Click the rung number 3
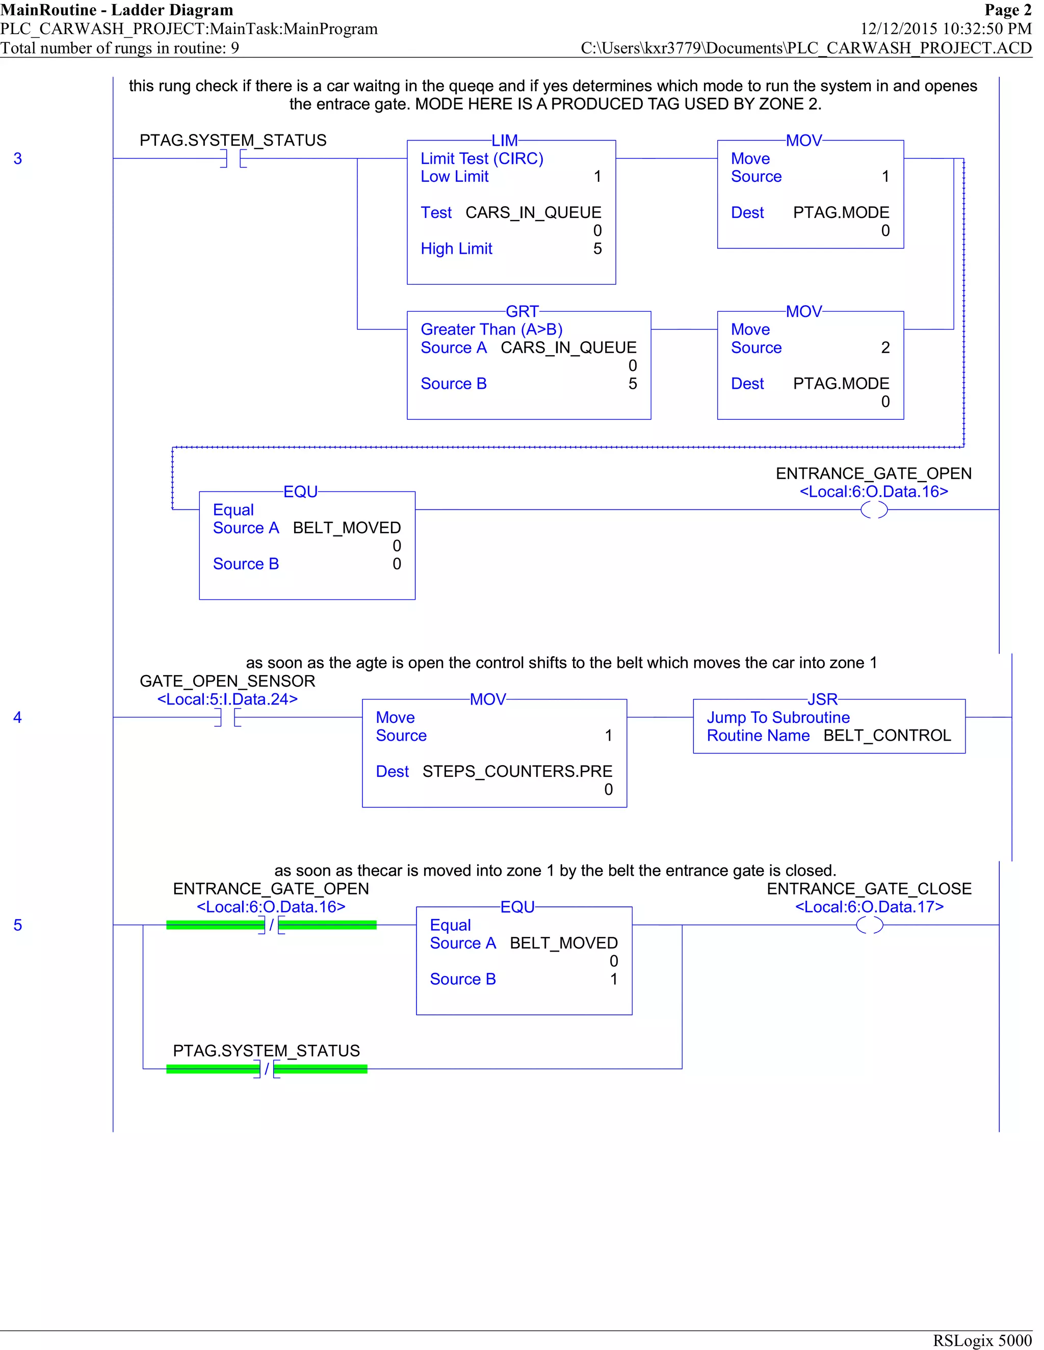18,159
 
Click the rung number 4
18,718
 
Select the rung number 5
18,925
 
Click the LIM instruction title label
505,141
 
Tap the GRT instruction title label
522,312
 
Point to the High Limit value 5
597,249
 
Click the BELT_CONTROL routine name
887,736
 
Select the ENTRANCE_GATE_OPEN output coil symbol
874,510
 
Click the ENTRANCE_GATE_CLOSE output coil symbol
869,925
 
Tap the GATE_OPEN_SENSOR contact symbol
227,718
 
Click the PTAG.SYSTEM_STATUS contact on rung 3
233,159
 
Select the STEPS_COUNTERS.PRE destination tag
517,771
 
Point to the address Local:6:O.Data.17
869,907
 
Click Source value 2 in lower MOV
885,348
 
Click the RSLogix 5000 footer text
982,1340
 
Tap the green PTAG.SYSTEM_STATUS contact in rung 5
267,1069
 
